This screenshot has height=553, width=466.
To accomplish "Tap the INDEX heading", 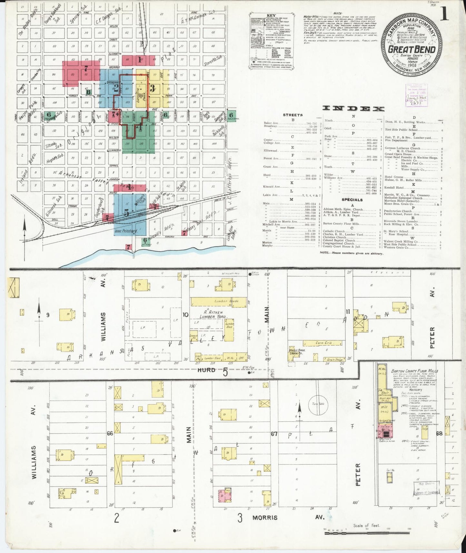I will (x=353, y=108).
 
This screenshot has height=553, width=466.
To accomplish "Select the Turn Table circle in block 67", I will (x=318, y=405).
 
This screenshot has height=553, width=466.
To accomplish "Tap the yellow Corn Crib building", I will (x=323, y=343).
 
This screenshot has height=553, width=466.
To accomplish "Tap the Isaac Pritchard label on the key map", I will (x=126, y=231).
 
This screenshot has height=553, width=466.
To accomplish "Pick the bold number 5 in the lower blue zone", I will (x=127, y=213).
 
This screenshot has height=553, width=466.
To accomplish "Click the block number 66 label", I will (x=110, y=433).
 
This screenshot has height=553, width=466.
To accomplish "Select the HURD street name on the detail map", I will (x=206, y=370).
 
